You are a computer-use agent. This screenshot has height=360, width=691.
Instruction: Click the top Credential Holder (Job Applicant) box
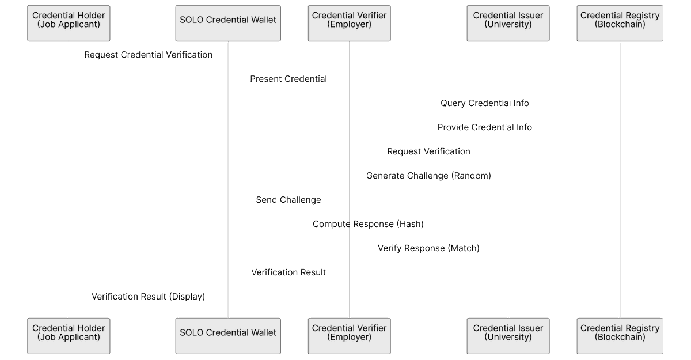[x=69, y=24]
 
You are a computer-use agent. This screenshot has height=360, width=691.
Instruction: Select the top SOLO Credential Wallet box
[x=228, y=24]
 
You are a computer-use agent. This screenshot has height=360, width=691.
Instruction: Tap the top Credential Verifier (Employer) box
[x=349, y=24]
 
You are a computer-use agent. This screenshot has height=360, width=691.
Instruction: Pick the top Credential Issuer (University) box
[x=508, y=24]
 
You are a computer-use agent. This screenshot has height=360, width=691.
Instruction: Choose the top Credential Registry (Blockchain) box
[x=620, y=24]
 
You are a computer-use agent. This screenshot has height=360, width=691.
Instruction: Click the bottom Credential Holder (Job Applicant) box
[x=69, y=336]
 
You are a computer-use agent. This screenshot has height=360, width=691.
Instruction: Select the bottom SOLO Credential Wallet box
[x=228, y=336]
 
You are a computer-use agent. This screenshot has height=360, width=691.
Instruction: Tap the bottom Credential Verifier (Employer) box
[x=349, y=336]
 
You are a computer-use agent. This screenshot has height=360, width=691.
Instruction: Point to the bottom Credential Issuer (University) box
[x=508, y=336]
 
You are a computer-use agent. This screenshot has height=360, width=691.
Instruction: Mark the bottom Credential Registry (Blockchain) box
[x=620, y=336]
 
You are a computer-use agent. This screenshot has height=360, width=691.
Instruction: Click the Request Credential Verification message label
[x=148, y=55]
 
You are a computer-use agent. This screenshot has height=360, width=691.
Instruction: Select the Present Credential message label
[x=288, y=79]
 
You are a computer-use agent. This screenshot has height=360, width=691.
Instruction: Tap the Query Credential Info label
[x=485, y=103]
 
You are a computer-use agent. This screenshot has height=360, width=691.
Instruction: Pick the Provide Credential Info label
[x=485, y=127]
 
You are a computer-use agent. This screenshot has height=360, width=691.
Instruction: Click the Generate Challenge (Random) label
[x=428, y=176]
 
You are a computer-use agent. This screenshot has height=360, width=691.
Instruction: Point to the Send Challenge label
[x=288, y=200]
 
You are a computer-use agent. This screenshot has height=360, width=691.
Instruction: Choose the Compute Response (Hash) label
[x=368, y=224]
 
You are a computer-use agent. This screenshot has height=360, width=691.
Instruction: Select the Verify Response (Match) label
[x=428, y=248]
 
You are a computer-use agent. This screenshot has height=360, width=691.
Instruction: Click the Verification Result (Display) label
[x=148, y=297]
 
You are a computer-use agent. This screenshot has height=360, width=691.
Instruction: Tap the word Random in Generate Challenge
[x=470, y=176]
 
